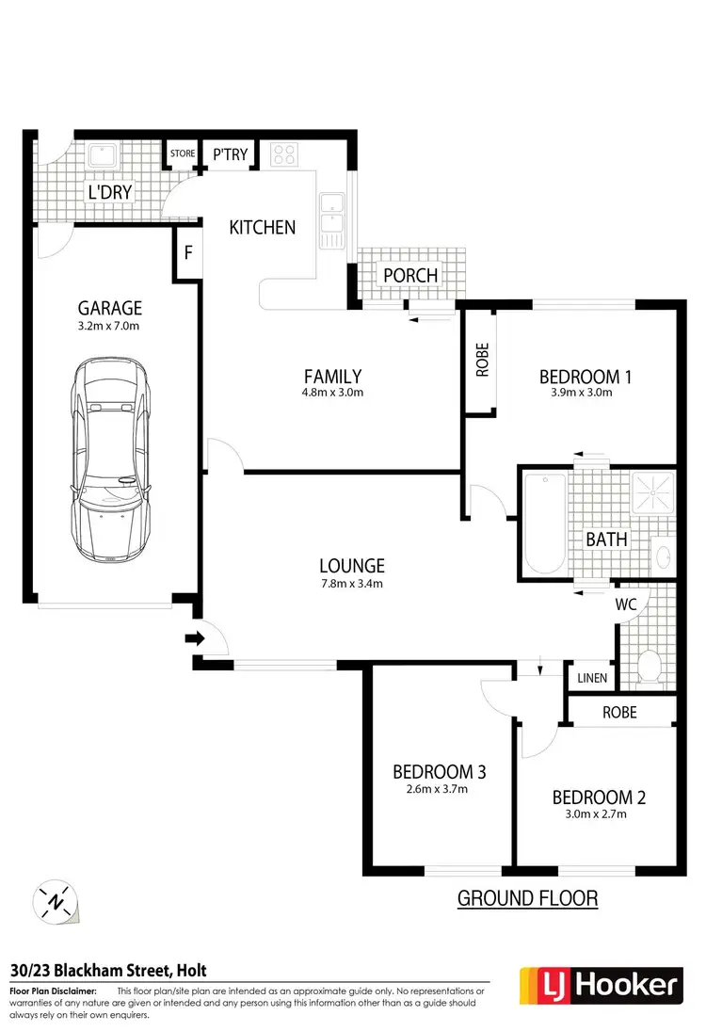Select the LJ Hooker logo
point(599,987)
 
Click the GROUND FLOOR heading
point(527,898)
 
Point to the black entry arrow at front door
point(195,639)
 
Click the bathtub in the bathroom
point(545,524)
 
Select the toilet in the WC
point(649,665)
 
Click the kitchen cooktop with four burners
point(282,154)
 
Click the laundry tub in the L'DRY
point(100,155)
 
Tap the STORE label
point(183,153)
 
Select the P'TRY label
point(229,153)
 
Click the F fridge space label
point(188,252)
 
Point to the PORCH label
point(411,275)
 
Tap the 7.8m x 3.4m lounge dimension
point(352,585)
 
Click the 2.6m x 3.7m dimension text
point(439,790)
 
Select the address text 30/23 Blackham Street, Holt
point(108,971)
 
